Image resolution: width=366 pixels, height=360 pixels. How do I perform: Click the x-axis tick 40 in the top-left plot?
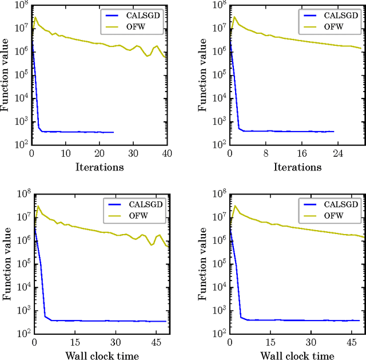(166, 153)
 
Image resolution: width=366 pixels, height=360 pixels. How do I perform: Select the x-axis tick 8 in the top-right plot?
(265, 153)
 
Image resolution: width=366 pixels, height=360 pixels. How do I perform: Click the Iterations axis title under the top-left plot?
(99, 167)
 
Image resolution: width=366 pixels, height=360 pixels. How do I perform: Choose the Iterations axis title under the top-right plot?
(297, 167)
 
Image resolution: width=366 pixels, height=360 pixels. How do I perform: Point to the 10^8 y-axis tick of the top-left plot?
(20, 6)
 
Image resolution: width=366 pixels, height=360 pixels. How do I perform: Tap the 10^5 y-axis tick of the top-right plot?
(218, 75)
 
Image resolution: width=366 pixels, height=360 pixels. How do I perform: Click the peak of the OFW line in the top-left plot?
(35, 17)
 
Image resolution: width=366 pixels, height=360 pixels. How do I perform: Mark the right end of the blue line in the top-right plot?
(333, 131)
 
